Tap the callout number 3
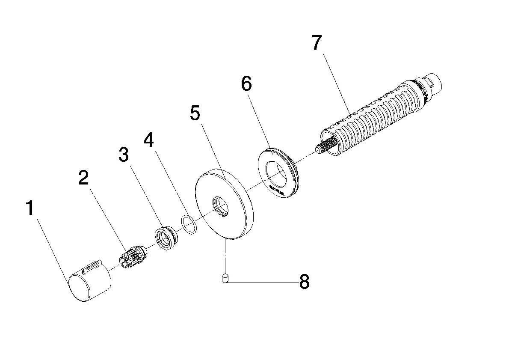pos(123,155)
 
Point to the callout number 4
pos(148,140)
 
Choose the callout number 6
pos(246,84)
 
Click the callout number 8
pos(304,282)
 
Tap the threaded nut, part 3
pos(165,238)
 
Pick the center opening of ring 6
pos(277,172)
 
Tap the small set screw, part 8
pos(224,279)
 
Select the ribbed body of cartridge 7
pos(372,116)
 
